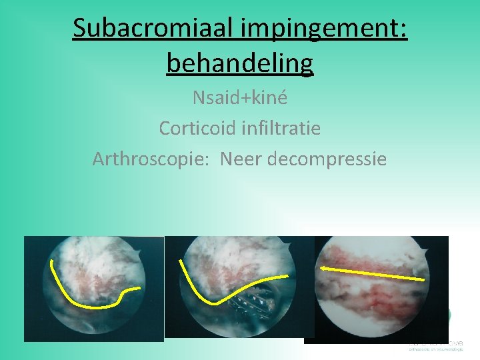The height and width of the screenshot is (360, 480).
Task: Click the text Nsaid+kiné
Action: tap(240, 98)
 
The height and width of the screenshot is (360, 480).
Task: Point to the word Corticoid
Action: tap(197, 127)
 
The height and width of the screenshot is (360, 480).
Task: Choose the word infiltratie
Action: tap(281, 127)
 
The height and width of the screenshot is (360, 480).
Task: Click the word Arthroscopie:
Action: tap(151, 159)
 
